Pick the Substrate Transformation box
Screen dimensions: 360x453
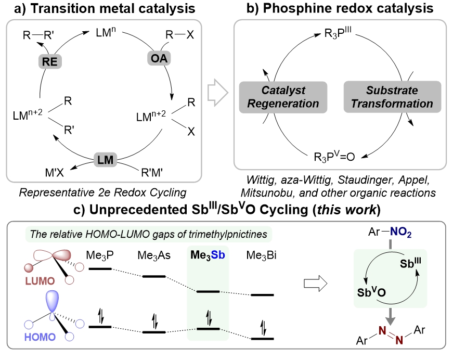click(x=392, y=97)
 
